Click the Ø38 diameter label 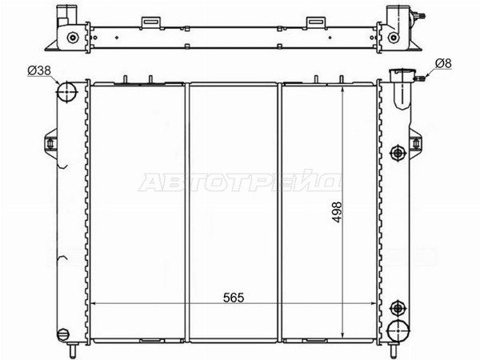(39, 70)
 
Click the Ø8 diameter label (443, 63)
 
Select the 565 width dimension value (234, 298)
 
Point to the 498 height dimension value (337, 211)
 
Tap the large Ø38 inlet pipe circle (66, 91)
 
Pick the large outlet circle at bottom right (398, 330)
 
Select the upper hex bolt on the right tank (398, 152)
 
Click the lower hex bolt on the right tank (398, 308)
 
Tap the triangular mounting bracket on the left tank (51, 143)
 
